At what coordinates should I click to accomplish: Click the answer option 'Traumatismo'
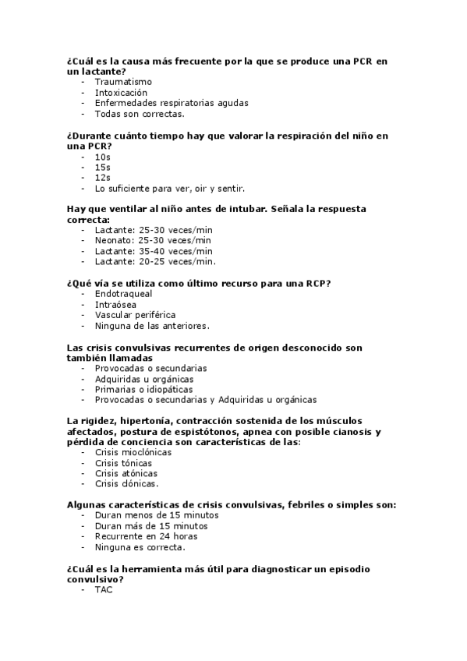tap(123, 82)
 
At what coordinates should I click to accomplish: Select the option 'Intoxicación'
tap(121, 93)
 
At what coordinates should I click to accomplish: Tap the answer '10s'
tap(102, 157)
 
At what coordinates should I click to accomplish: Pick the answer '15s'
tap(102, 168)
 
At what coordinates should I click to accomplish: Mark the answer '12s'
tap(102, 178)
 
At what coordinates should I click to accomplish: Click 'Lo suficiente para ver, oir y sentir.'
tap(170, 189)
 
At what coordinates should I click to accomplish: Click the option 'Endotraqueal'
tap(123, 294)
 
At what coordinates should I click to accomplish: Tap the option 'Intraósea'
tap(116, 305)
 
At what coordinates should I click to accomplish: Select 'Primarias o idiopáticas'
tap(143, 389)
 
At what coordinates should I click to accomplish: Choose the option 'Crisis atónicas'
tap(126, 473)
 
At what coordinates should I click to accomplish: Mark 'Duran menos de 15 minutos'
tap(157, 515)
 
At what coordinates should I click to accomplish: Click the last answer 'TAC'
tap(104, 589)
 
